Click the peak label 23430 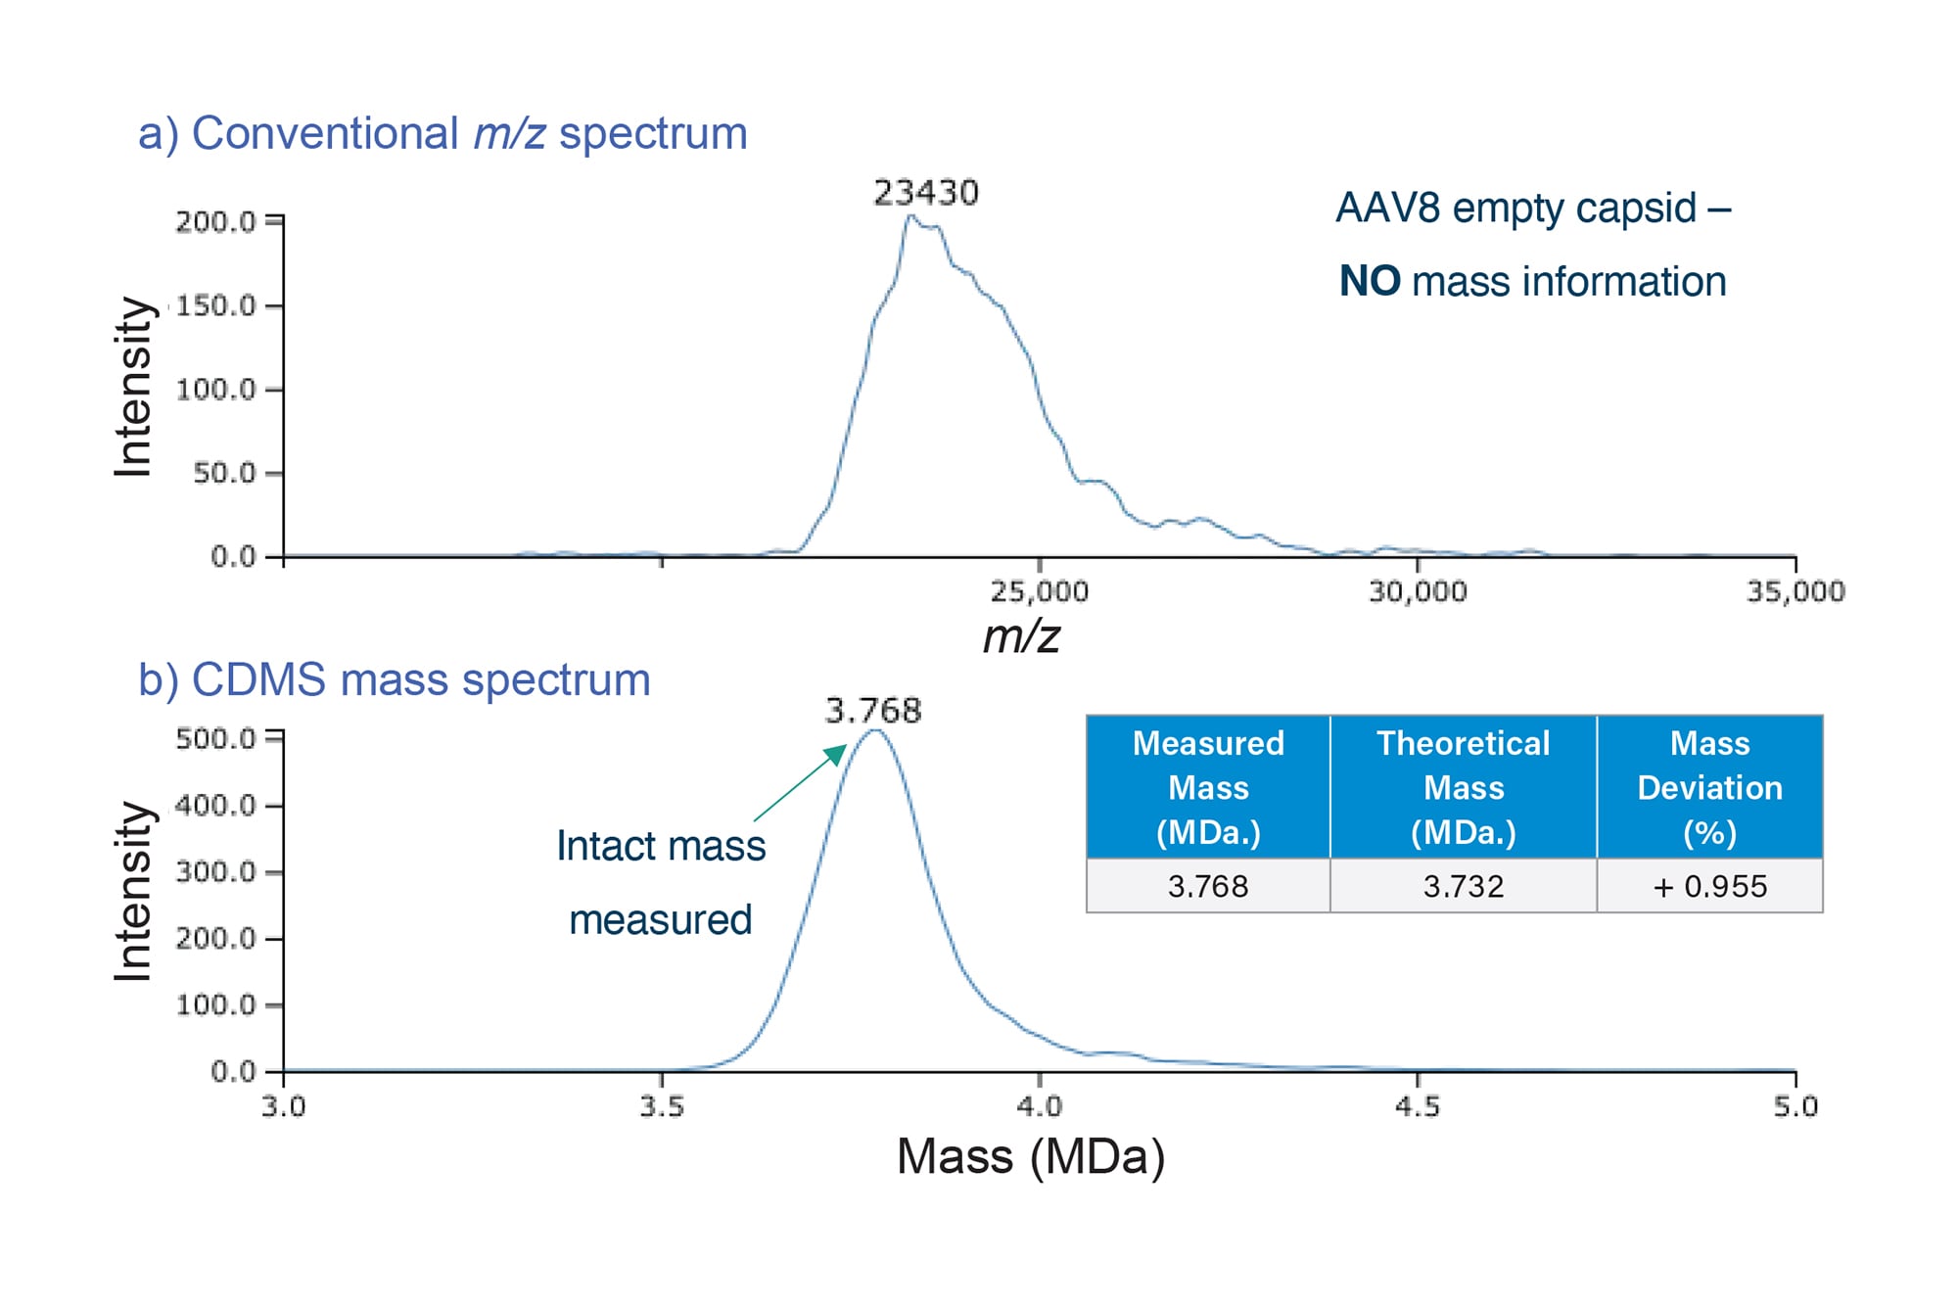tap(925, 193)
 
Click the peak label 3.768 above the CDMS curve tap(872, 710)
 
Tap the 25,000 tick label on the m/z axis tap(1039, 591)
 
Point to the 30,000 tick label tap(1417, 591)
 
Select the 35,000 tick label tap(1795, 591)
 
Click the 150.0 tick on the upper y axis tap(214, 306)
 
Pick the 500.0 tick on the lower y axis tap(214, 738)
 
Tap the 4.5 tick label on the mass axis tap(1417, 1107)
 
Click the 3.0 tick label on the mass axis tap(283, 1107)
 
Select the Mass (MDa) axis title tap(1030, 1157)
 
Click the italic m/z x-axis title tap(1021, 637)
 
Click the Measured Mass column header tap(1208, 787)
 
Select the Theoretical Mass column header tap(1463, 787)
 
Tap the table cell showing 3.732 tap(1463, 886)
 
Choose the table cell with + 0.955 tap(1709, 886)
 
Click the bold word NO tap(1369, 282)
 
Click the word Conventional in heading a tap(324, 133)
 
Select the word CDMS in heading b tap(258, 679)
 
